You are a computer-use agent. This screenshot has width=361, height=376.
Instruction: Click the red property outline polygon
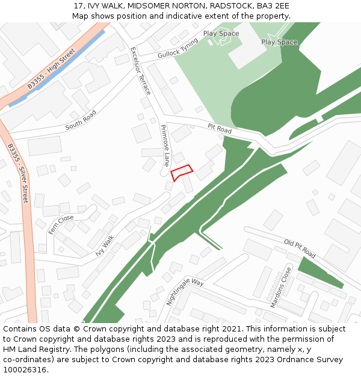[x=182, y=173]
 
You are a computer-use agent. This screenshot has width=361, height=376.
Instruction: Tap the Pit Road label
[x=220, y=129]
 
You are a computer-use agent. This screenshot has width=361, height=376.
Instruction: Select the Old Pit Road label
[x=300, y=248]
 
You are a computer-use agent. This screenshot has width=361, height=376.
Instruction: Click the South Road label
[x=81, y=120]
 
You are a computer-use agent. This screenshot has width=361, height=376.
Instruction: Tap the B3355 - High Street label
[x=51, y=69]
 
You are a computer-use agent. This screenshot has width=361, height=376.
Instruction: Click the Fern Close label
[x=61, y=224]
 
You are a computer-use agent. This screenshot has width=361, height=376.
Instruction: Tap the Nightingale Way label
[x=185, y=291]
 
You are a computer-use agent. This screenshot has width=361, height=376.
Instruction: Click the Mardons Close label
[x=280, y=288]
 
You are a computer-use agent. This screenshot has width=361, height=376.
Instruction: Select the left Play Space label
[x=221, y=34]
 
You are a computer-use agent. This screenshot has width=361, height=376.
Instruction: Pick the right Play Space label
[x=279, y=42]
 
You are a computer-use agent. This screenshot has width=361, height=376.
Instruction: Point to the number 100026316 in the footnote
[x=25, y=369]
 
